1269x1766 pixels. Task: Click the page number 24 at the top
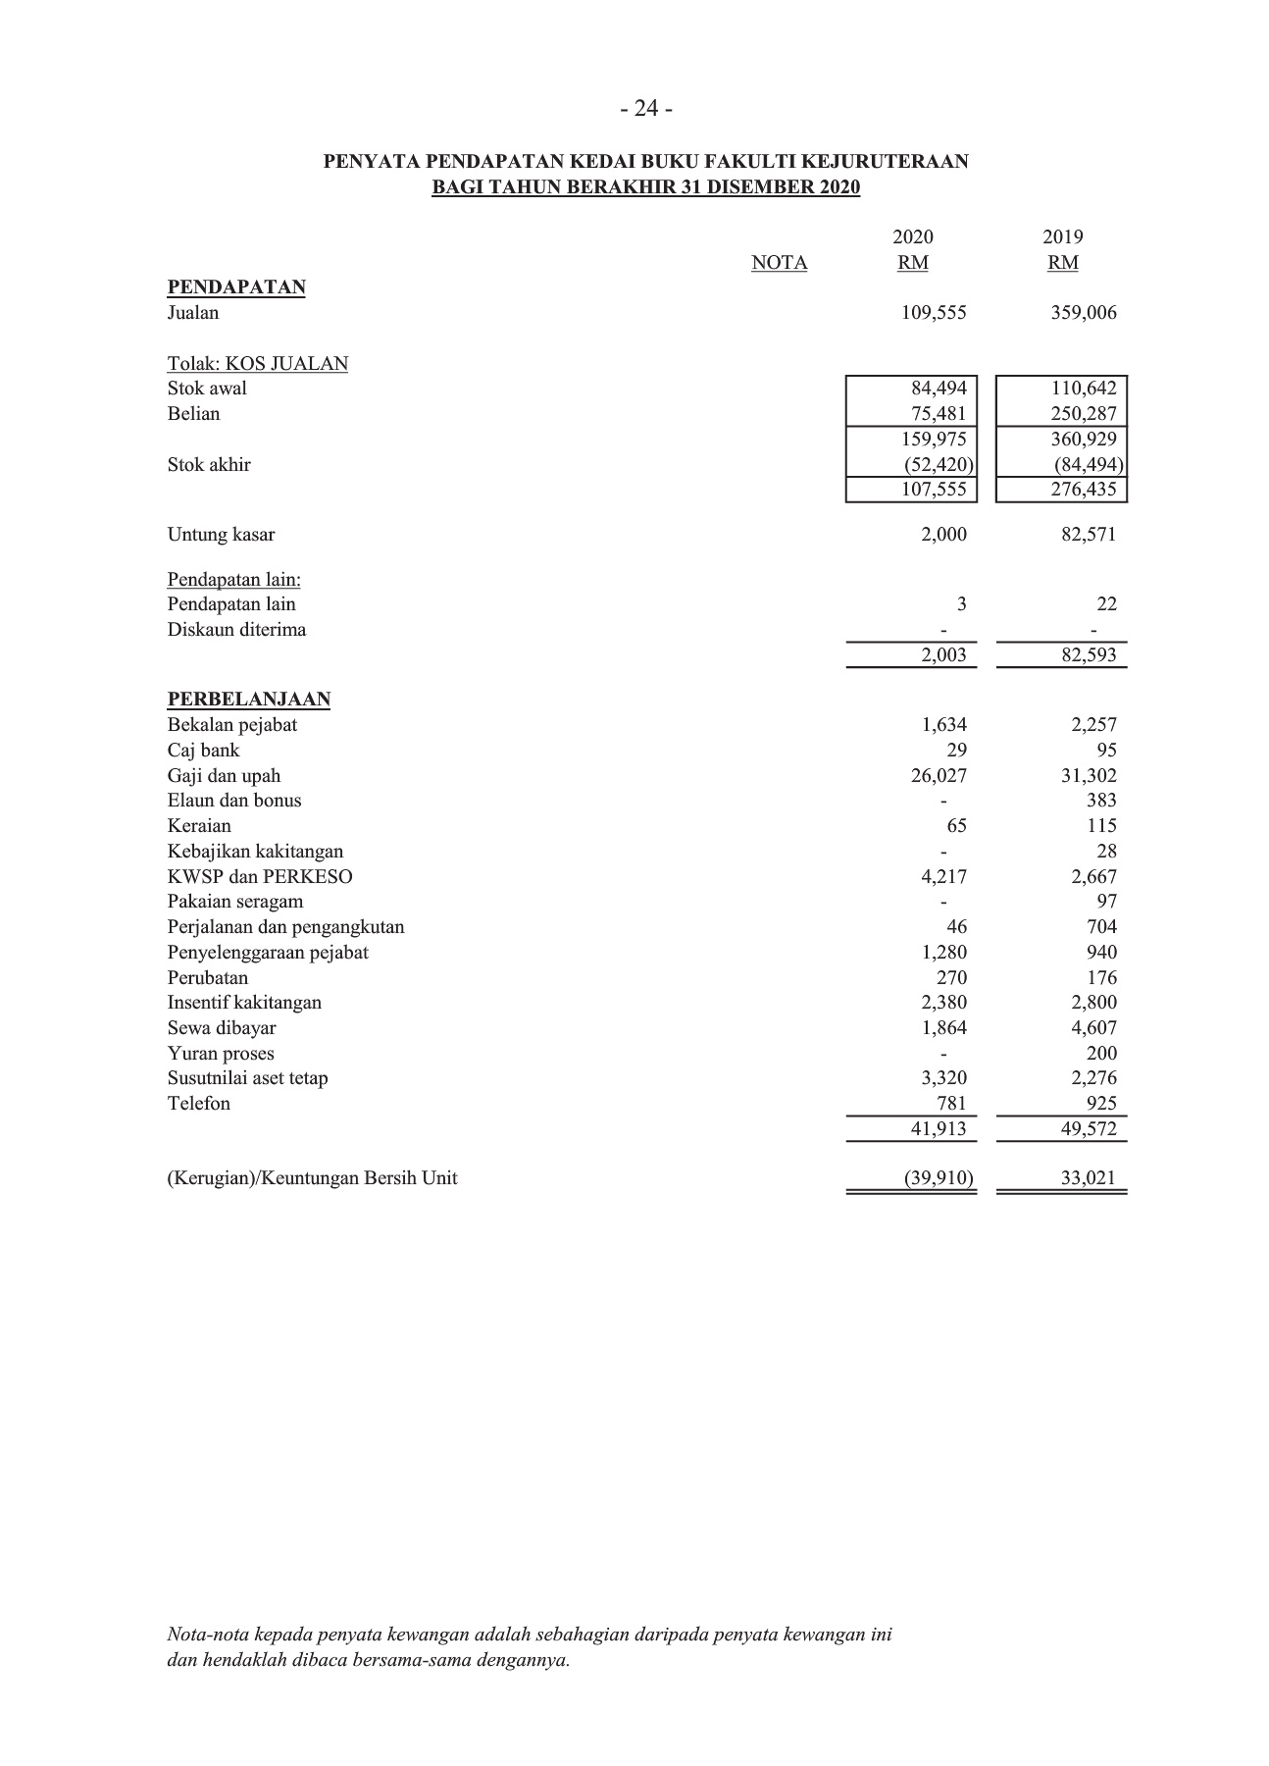[646, 109]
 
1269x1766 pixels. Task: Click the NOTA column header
[779, 263]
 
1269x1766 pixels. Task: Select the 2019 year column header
[1062, 237]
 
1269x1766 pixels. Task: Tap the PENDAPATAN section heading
[236, 287]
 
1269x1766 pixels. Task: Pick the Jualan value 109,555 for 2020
[934, 313]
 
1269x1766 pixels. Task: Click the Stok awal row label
[207, 389]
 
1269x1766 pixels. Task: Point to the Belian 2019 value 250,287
[1083, 414]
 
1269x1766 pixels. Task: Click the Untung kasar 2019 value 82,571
[1088, 535]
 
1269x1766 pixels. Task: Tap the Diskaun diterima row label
[236, 630]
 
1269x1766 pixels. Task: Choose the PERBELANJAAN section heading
[249, 700]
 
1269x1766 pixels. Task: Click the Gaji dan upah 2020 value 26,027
[939, 776]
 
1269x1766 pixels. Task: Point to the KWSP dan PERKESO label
[260, 877]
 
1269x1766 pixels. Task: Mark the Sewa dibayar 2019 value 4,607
[1093, 1028]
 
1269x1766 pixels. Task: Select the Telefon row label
[199, 1104]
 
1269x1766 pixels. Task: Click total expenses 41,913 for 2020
[939, 1129]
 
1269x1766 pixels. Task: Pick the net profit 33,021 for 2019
[1088, 1178]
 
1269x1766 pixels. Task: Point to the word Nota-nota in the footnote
[208, 1636]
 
